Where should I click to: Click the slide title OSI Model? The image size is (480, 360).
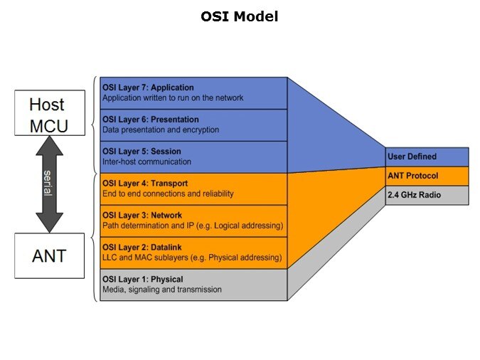click(x=240, y=16)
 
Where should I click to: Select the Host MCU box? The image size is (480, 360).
click(x=46, y=115)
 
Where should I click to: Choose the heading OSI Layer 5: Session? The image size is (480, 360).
click(x=141, y=152)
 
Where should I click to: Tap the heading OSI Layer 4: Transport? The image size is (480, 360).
click(x=143, y=183)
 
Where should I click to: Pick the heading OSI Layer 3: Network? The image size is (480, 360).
click(x=142, y=215)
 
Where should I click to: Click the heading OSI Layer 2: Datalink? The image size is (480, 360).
click(x=142, y=247)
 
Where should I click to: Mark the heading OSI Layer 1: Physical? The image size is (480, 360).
click(x=142, y=279)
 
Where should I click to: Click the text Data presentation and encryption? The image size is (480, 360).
click(x=160, y=130)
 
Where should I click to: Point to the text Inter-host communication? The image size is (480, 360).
click(x=146, y=162)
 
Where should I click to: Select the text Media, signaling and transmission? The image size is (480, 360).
click(x=161, y=290)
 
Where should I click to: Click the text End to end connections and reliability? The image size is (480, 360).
click(x=168, y=194)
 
